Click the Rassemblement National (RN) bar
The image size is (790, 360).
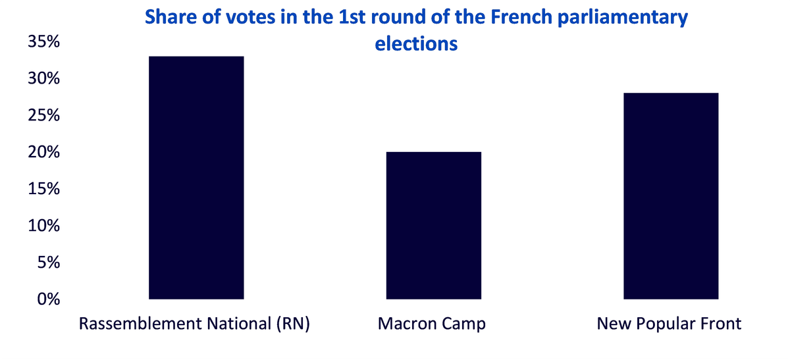pos(196,178)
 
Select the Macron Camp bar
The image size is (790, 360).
pos(433,226)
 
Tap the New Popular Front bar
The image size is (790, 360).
pos(671,196)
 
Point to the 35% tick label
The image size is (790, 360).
pos(43,41)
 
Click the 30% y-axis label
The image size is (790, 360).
pos(43,78)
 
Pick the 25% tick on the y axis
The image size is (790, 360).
pos(43,115)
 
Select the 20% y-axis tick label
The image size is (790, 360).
pos(43,152)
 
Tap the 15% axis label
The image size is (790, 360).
pos(43,189)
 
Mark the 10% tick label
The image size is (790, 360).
pos(43,226)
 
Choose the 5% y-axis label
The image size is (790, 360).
pos(48,263)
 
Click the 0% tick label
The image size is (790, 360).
pos(48,299)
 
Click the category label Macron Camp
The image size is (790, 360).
pos(432,324)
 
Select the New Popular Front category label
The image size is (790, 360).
pos(669,324)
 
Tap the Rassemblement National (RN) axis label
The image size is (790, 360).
pos(194,324)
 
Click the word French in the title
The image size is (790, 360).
pos(521,17)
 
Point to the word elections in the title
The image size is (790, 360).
pos(416,44)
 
